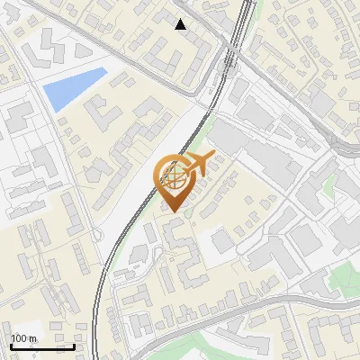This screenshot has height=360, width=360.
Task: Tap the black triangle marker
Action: click(181, 24)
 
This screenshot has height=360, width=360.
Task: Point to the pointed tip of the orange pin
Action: click(172, 213)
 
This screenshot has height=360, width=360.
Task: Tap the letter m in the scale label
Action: click(33, 338)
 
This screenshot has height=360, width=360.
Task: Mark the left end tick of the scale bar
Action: click(11, 346)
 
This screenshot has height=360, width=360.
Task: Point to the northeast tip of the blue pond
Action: click(105, 70)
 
